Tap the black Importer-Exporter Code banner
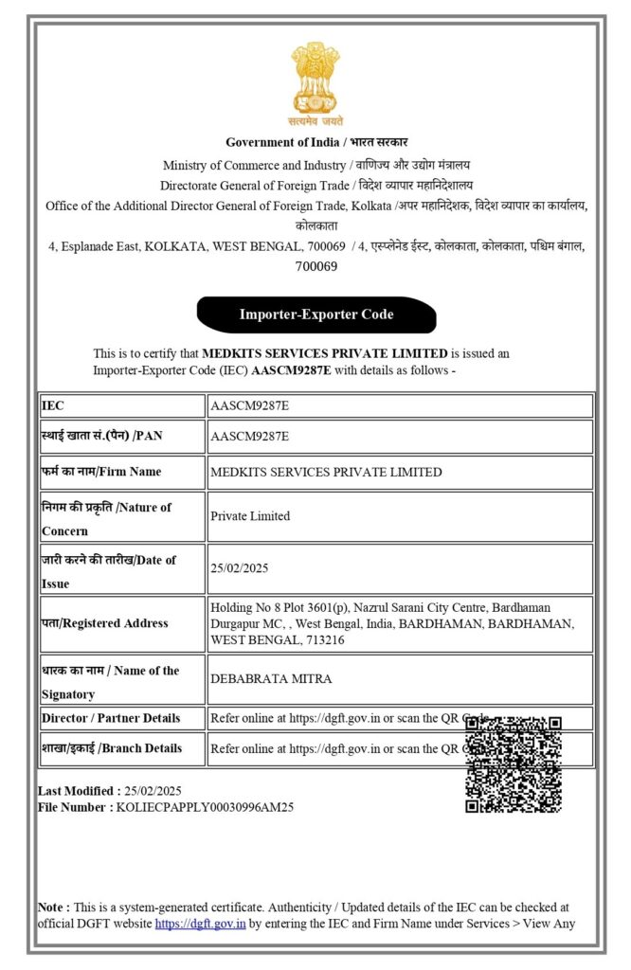tap(315, 314)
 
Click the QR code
tap(514, 764)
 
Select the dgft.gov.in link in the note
tap(201, 924)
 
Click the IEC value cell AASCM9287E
tap(250, 405)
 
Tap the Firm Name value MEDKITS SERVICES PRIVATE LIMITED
tap(326, 472)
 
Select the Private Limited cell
tap(250, 516)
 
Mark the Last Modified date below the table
tap(153, 791)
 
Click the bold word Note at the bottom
tap(52, 907)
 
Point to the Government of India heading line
tap(315, 142)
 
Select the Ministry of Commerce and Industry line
tap(315, 165)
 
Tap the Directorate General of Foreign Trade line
tap(315, 185)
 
